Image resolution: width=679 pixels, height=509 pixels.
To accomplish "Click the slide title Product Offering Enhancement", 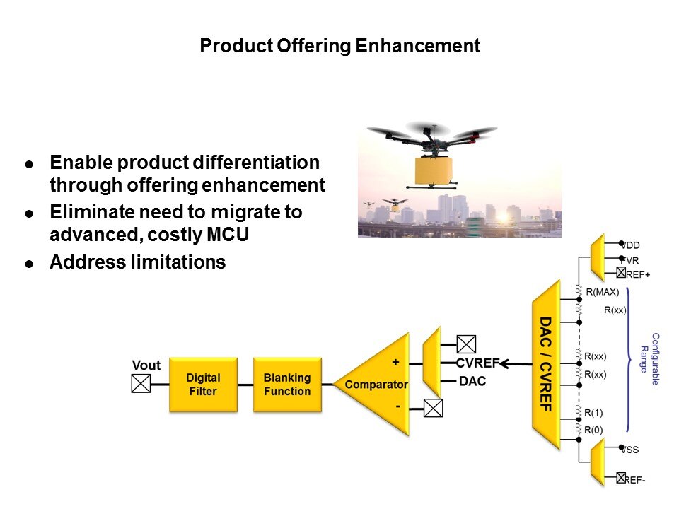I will [x=339, y=47].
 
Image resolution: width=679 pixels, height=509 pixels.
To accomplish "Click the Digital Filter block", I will [x=203, y=385].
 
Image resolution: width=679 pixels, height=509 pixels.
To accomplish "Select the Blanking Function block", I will [x=286, y=385].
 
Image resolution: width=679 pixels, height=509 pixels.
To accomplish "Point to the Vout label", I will [x=146, y=365].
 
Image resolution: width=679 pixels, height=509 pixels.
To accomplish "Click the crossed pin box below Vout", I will [x=141, y=384].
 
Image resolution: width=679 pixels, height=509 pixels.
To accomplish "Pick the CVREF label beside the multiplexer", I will [x=478, y=364].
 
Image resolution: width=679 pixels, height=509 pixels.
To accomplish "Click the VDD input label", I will [x=632, y=245].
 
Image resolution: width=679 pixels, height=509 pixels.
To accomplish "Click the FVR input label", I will [x=632, y=259].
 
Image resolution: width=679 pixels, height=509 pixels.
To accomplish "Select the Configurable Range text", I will [x=649, y=358].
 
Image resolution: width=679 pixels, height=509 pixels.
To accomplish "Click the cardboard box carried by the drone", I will [x=434, y=170].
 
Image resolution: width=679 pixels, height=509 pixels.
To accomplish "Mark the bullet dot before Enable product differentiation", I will [x=29, y=163].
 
